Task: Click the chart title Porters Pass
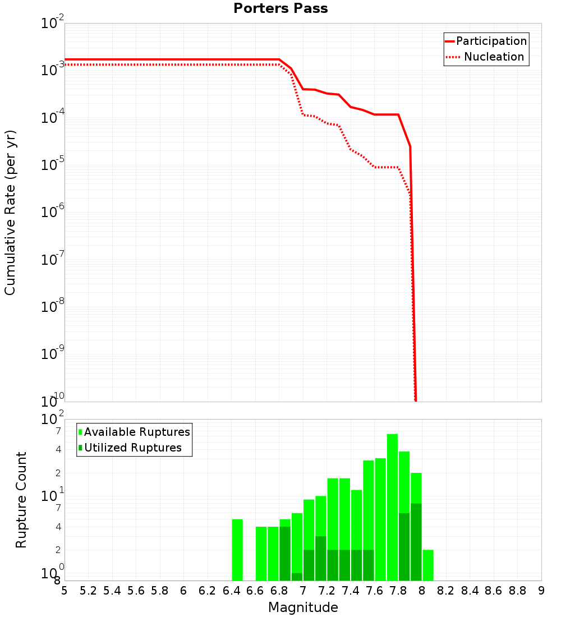click(x=280, y=8)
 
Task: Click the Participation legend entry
click(x=491, y=41)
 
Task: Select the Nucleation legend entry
click(x=493, y=57)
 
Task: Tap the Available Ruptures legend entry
click(x=136, y=432)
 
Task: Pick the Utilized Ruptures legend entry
click(x=132, y=448)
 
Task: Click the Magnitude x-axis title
click(x=303, y=607)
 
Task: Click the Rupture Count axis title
click(x=21, y=499)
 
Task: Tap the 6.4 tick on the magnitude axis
click(x=231, y=591)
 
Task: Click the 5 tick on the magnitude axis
click(x=65, y=591)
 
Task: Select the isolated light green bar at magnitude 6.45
click(x=237, y=550)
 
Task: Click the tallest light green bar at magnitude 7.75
click(x=392, y=505)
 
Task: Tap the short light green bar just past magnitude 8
click(x=428, y=565)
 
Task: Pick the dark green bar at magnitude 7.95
click(x=416, y=541)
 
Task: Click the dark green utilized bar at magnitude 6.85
click(x=285, y=553)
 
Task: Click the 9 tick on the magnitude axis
click(x=541, y=591)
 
